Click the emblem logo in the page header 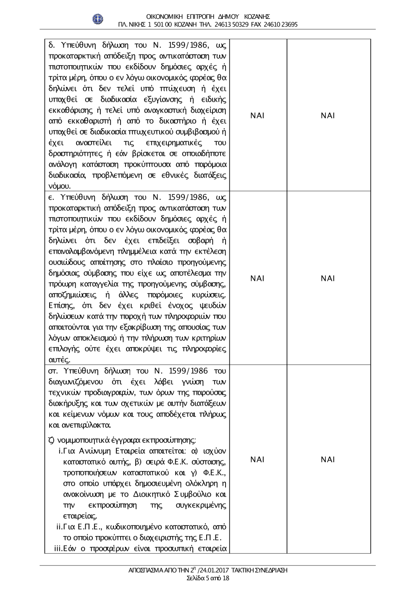(x=98, y=19)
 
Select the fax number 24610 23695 (x=281, y=24)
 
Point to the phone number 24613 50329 (x=231, y=24)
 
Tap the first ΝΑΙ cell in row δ (x=257, y=116)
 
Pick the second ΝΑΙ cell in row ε (x=328, y=278)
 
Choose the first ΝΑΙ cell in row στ (x=257, y=460)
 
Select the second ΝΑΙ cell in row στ (x=328, y=460)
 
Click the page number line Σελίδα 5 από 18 (x=208, y=578)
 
